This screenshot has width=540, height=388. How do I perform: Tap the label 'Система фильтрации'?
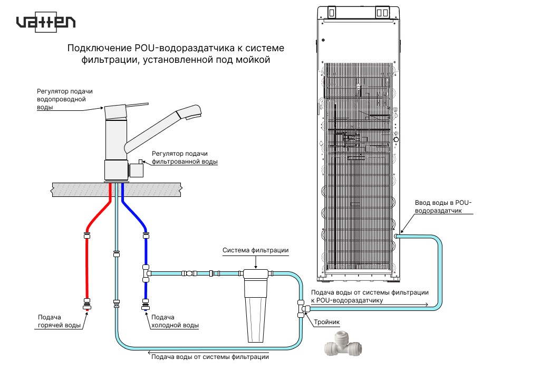(255, 250)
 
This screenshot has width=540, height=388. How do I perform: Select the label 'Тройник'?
(327, 321)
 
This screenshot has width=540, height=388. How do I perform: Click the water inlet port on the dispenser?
(397, 236)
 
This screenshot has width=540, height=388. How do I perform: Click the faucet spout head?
(189, 112)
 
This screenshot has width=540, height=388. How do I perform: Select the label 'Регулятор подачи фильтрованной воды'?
(184, 157)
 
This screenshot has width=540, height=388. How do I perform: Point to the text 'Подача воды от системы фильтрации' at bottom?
(210, 357)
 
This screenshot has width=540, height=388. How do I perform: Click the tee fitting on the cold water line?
(146, 273)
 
